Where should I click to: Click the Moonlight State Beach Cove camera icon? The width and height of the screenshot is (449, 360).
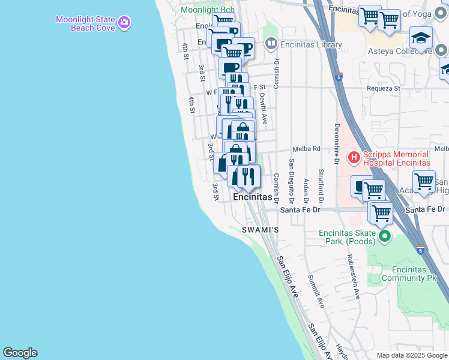click(x=124, y=23)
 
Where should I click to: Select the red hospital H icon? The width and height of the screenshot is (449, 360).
click(x=354, y=158)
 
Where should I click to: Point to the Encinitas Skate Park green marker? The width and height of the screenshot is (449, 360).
click(x=384, y=237)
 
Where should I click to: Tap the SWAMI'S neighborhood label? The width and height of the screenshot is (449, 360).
click(x=261, y=230)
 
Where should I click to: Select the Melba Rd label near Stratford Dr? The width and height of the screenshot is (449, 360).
click(x=307, y=149)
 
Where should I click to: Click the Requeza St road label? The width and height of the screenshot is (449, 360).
click(x=384, y=88)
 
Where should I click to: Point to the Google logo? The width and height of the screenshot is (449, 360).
click(x=20, y=353)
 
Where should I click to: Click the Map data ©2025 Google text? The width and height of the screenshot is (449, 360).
click(x=411, y=355)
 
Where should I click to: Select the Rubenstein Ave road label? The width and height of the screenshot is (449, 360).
click(x=352, y=276)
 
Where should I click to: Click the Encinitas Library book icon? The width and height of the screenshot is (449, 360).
click(x=271, y=44)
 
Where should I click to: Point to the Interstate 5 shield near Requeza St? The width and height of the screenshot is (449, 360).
click(x=339, y=77)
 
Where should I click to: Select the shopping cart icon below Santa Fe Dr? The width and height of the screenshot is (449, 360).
click(x=381, y=212)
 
